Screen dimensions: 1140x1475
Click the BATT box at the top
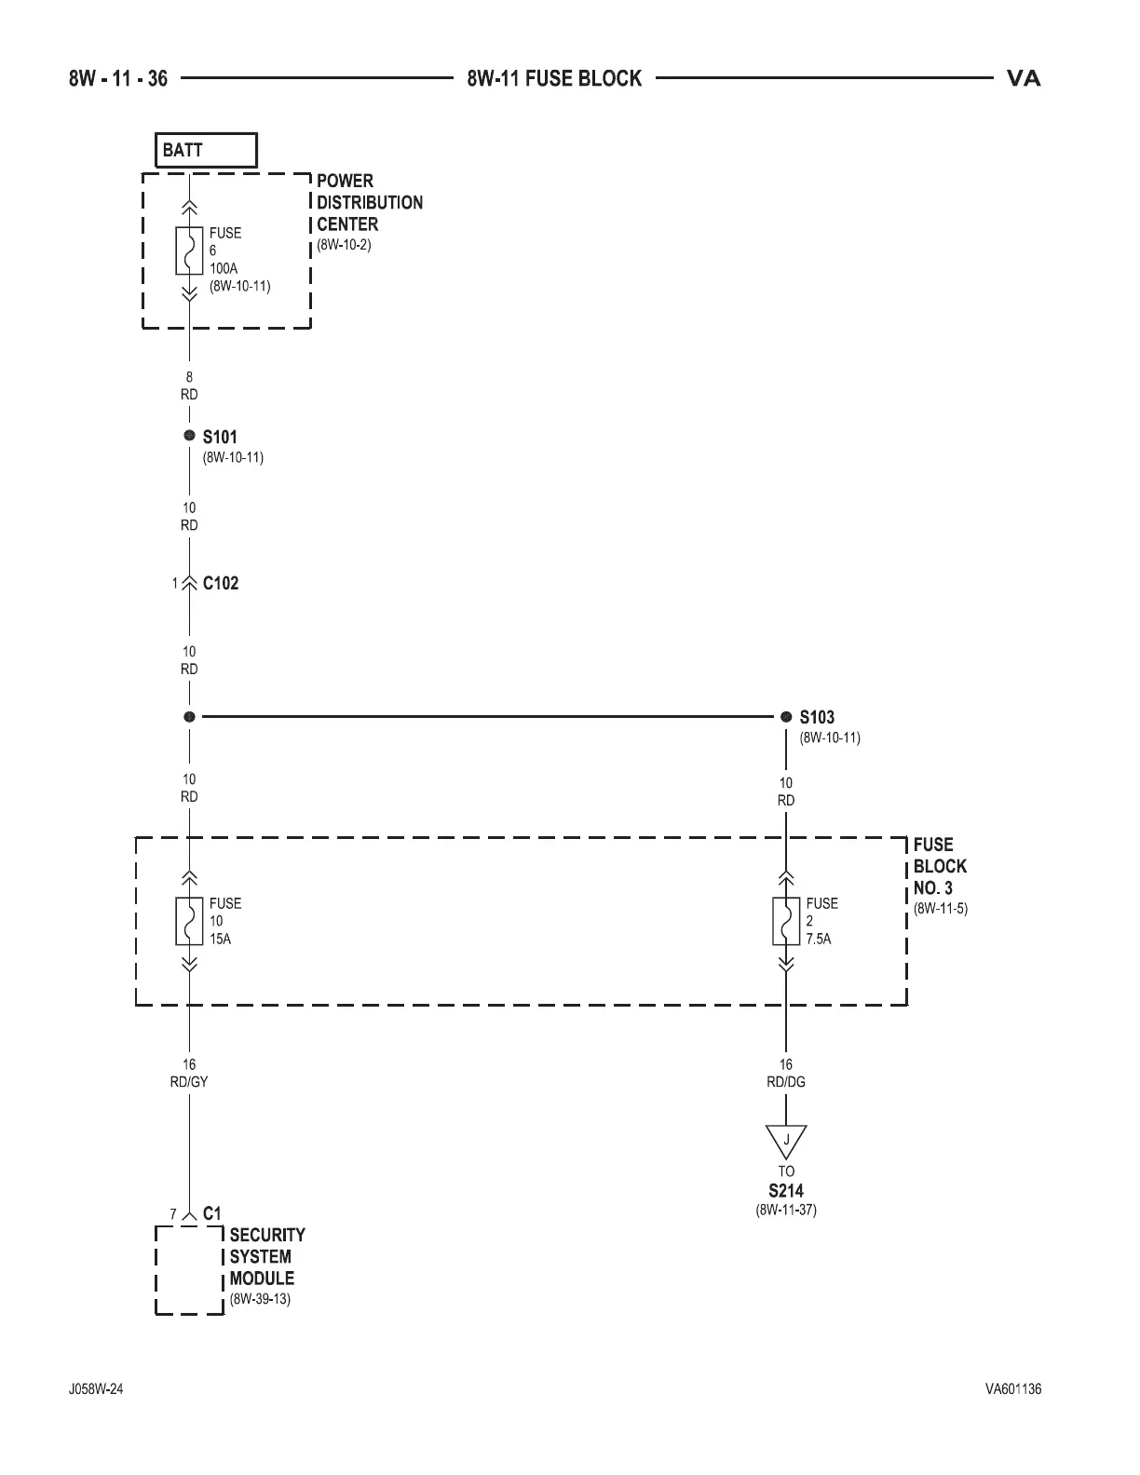coord(205,150)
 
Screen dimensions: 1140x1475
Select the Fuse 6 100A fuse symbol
coord(189,250)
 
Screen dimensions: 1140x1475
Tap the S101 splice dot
coord(189,436)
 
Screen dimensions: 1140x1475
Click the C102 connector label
coord(221,584)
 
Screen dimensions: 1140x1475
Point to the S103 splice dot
coord(786,717)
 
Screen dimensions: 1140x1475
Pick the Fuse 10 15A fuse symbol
coord(189,921)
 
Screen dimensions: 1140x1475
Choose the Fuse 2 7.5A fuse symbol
coord(786,921)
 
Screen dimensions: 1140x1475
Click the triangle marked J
coord(786,1140)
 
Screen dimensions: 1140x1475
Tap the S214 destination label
coord(786,1191)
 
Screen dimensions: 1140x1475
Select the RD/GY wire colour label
coord(189,1082)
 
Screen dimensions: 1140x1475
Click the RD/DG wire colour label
coord(786,1082)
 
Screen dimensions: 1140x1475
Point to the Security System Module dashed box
coord(189,1270)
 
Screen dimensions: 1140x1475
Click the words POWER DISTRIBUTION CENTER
coord(369,203)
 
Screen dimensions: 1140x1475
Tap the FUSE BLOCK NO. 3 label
coord(939,866)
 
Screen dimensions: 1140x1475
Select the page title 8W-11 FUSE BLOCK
coord(554,78)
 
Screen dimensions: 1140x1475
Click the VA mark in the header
coord(1023,78)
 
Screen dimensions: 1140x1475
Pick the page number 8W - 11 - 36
coord(118,78)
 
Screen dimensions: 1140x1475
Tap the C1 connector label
coord(212,1214)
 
